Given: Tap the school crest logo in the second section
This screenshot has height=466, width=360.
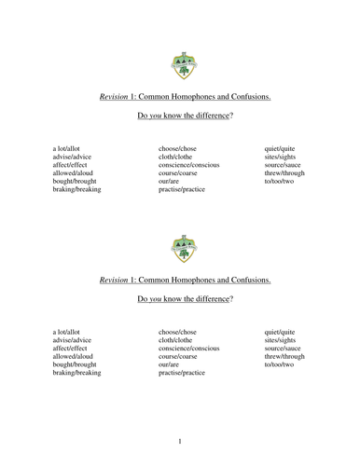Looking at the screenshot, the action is (180, 249).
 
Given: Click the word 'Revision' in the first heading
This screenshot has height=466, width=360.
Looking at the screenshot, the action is (114, 97).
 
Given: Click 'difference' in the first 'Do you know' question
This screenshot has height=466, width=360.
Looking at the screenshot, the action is (206, 119).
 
